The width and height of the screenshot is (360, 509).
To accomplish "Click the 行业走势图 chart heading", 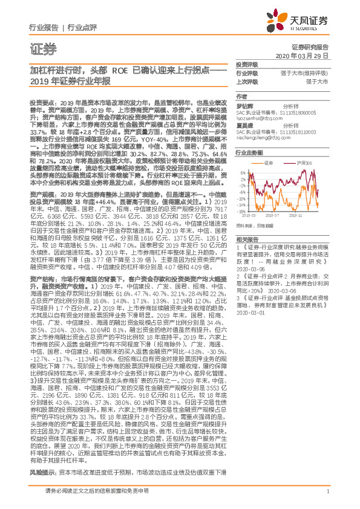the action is pos(248,154).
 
